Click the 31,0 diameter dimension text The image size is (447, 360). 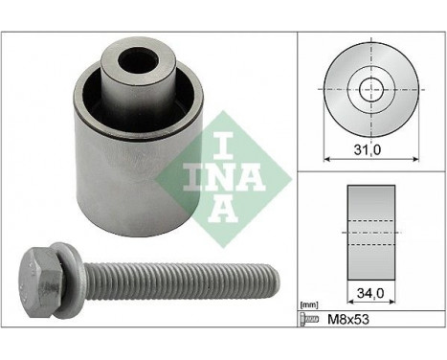point(368,149)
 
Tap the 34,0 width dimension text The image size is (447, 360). point(370,293)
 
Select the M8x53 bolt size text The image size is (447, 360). point(348,319)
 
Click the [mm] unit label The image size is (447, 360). point(309,305)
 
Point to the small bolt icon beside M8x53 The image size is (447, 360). point(309,319)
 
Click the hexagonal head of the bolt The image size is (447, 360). point(41,282)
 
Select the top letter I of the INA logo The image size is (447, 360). point(223,145)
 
